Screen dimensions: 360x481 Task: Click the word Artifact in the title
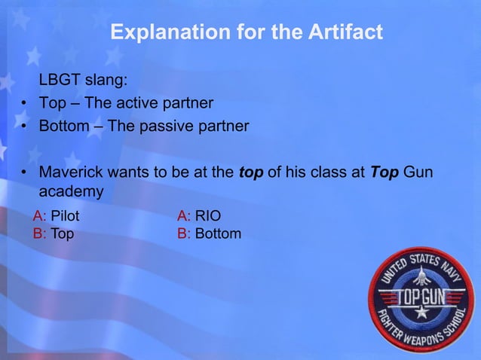[343, 33]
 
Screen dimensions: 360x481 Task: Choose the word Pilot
[65, 217]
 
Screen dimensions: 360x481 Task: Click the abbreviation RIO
[208, 217]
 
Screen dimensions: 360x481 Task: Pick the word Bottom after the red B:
[219, 233]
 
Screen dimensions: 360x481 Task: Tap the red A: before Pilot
[39, 217]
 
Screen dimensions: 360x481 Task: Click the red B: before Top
[39, 233]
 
